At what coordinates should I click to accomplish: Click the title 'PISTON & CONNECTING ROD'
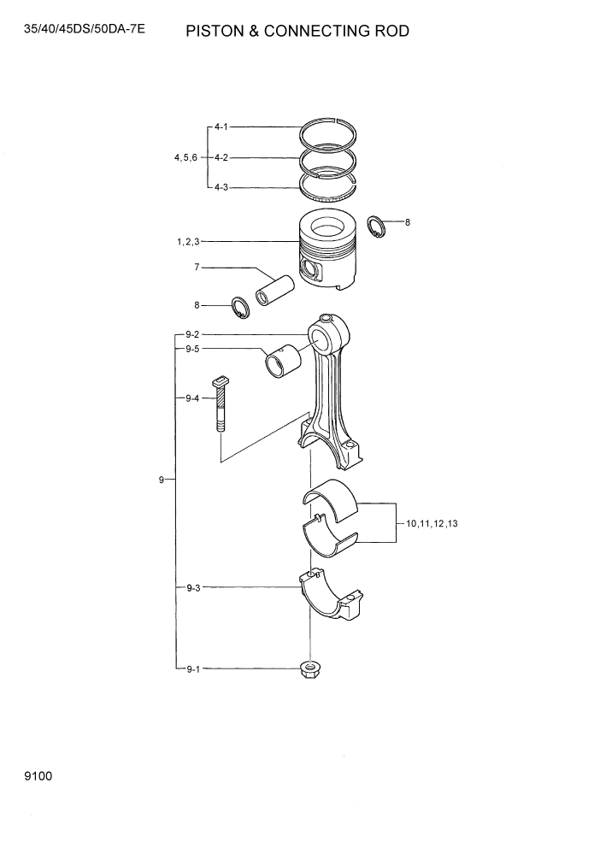[297, 32]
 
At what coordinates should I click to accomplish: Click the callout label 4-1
[221, 127]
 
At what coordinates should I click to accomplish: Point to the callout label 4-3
[221, 186]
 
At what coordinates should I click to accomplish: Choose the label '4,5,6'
[185, 157]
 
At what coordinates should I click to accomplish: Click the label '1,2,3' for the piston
[188, 243]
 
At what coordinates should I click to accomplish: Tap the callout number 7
[197, 268]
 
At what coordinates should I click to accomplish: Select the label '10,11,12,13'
[432, 523]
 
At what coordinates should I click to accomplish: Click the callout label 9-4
[191, 398]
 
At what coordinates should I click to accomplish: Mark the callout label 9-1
[191, 669]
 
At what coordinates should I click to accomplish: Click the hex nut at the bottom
[309, 669]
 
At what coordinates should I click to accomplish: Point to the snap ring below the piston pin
[239, 307]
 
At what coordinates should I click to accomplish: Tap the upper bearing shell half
[333, 499]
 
